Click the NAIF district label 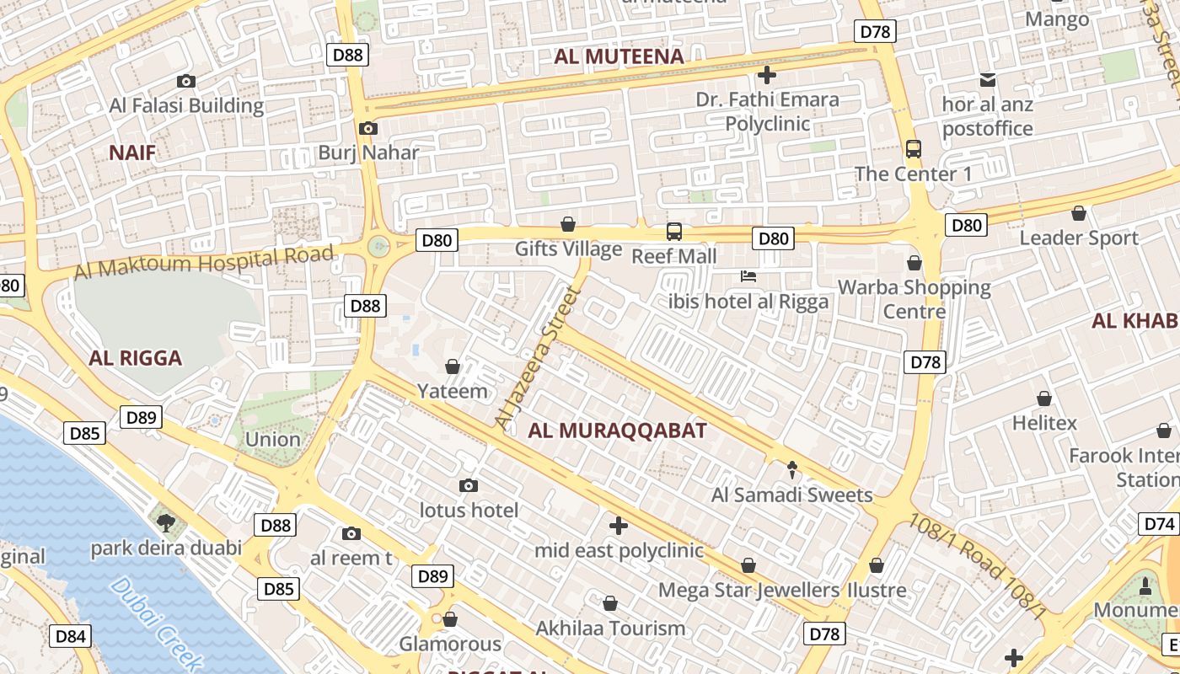pyautogui.click(x=132, y=152)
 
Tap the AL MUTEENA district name pyautogui.click(x=619, y=56)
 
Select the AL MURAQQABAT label pyautogui.click(x=617, y=431)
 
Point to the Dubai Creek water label pyautogui.click(x=157, y=623)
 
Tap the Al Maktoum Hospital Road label pyautogui.click(x=204, y=262)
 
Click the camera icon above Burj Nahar pyautogui.click(x=367, y=129)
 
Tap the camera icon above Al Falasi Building pyautogui.click(x=186, y=82)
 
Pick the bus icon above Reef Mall pyautogui.click(x=673, y=231)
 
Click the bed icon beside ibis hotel pyautogui.click(x=748, y=276)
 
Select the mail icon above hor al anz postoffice pyautogui.click(x=988, y=81)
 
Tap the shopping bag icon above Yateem pyautogui.click(x=453, y=366)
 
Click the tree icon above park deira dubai pyautogui.click(x=166, y=522)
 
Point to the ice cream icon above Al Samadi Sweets pyautogui.click(x=791, y=469)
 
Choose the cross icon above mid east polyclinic pyautogui.click(x=619, y=526)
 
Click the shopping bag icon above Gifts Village pyautogui.click(x=568, y=224)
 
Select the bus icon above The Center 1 pyautogui.click(x=914, y=149)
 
